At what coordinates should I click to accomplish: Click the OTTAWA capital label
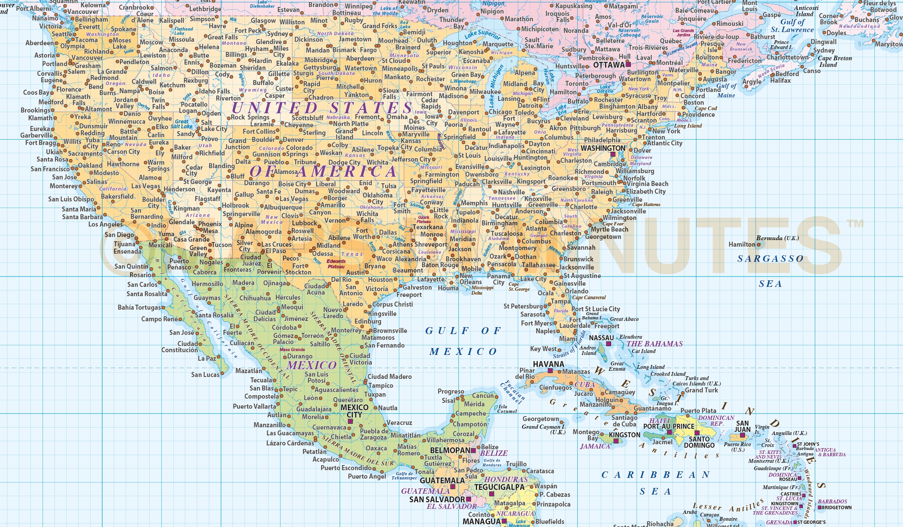(609, 65)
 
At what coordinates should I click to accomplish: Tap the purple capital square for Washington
(613, 154)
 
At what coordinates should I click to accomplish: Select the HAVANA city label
(548, 364)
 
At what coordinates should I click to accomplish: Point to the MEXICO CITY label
(354, 411)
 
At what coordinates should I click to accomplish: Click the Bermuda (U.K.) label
(777, 238)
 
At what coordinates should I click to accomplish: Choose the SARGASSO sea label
(770, 259)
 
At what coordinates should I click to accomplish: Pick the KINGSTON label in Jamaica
(624, 435)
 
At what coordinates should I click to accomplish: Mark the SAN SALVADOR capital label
(437, 499)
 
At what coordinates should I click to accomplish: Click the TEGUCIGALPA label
(499, 487)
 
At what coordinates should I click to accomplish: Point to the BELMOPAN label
(450, 450)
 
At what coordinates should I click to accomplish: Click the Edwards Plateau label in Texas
(336, 264)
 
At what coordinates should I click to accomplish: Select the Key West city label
(543, 349)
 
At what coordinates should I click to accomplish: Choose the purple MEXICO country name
(311, 365)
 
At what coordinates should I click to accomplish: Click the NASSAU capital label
(601, 338)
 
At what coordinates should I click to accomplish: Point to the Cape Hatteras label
(646, 205)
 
